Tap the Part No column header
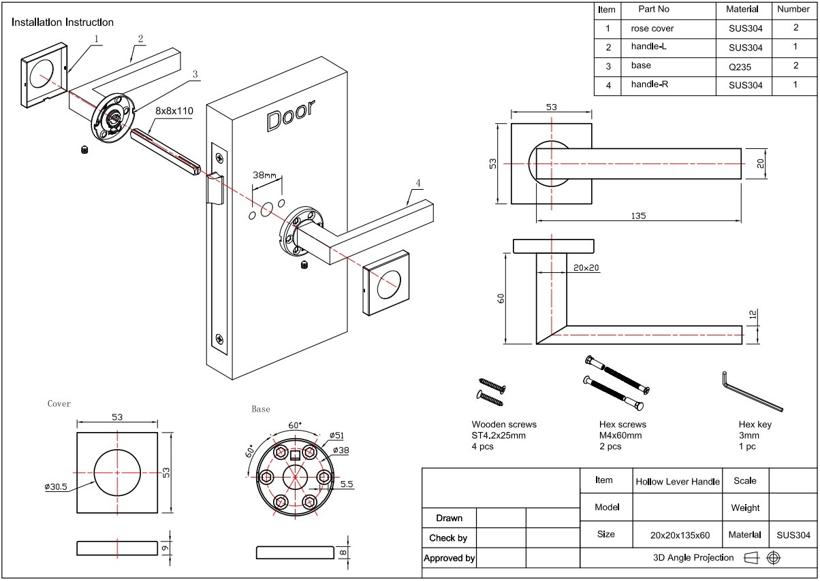click(x=654, y=10)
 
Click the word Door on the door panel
click(x=291, y=116)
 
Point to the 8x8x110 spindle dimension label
click(x=174, y=110)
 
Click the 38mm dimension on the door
click(x=264, y=175)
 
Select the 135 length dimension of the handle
click(x=638, y=216)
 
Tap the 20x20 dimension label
click(x=586, y=268)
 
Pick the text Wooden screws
click(x=504, y=425)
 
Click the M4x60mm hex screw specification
click(x=620, y=435)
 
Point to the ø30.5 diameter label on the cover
click(x=57, y=487)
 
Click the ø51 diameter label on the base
click(x=336, y=435)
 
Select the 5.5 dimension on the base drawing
click(x=346, y=484)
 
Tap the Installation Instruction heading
click(x=63, y=22)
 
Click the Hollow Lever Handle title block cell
click(x=677, y=482)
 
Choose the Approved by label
click(x=449, y=559)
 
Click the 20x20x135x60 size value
click(x=676, y=535)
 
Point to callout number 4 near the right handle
click(x=418, y=183)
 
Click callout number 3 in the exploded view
click(x=195, y=74)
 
